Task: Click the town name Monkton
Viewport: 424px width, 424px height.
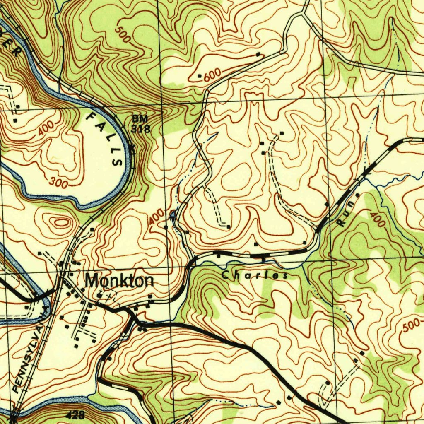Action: coord(119,281)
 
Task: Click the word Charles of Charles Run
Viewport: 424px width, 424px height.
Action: coord(254,275)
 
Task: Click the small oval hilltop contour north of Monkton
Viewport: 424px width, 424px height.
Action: coord(61,222)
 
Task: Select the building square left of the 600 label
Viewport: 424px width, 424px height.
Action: coord(199,76)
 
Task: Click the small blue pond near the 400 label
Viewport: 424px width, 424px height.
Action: coord(172,214)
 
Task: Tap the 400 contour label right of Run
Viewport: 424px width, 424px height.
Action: coord(377,219)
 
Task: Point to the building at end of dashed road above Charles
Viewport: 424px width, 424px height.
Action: coord(229,226)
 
